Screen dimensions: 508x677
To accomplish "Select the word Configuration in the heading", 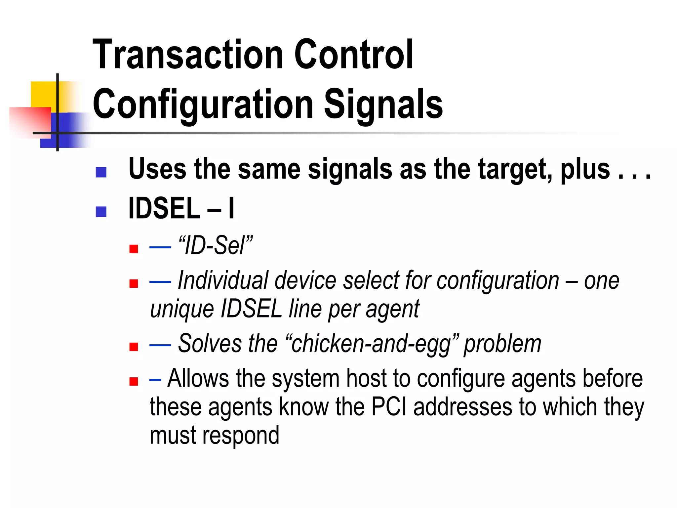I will [203, 105].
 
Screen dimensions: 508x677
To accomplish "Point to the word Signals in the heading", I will [383, 105].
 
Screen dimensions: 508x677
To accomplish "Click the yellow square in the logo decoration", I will [43, 94].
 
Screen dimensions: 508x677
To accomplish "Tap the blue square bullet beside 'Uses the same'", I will [101, 172].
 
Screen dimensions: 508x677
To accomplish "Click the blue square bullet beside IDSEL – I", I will [101, 212].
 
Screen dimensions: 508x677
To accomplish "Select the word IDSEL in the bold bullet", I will [164, 208].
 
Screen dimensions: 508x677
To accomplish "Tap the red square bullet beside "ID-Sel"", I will [134, 249].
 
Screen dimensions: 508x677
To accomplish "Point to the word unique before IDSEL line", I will [182, 309].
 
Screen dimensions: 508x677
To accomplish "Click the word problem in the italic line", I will [502, 344].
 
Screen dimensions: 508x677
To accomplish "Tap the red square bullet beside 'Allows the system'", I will [134, 382].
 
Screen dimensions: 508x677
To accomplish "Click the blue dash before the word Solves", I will [160, 345].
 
